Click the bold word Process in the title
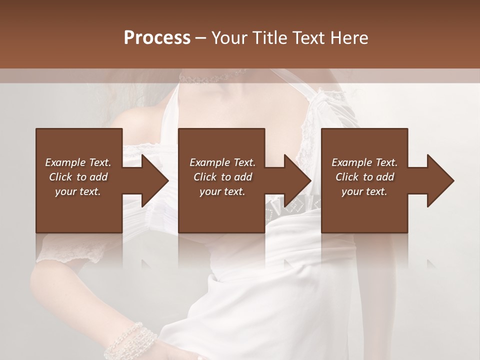point(157,37)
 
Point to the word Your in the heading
point(229,37)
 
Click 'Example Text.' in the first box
point(78,162)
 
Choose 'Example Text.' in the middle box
point(222,162)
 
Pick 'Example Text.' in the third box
point(364,162)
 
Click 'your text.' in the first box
point(78,191)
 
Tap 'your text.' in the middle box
point(222,191)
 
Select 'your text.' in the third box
point(364,191)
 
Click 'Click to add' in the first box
point(78,177)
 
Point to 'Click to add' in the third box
point(364,177)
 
